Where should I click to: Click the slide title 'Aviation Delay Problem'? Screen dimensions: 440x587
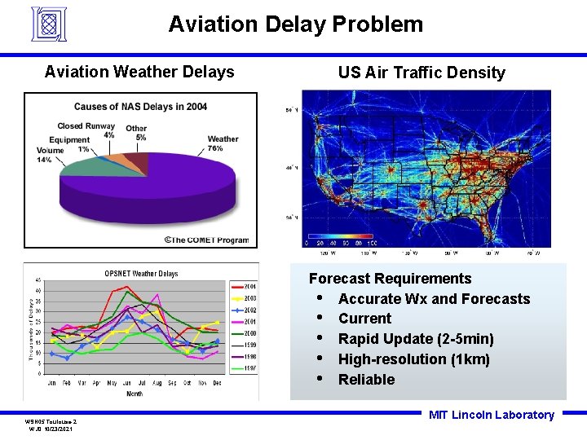pyautogui.click(x=295, y=24)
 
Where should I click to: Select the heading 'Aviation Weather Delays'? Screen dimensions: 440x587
pyautogui.click(x=139, y=72)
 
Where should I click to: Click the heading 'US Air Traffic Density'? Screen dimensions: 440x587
pyautogui.click(x=421, y=73)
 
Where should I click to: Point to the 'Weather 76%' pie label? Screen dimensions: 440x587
pyautogui.click(x=223, y=143)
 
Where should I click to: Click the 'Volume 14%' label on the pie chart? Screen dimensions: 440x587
pyautogui.click(x=50, y=155)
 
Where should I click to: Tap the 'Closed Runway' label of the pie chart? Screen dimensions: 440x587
pyautogui.click(x=86, y=126)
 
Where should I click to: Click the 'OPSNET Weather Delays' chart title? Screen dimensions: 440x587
pyautogui.click(x=141, y=273)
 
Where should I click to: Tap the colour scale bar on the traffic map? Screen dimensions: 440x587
pyautogui.click(x=340, y=242)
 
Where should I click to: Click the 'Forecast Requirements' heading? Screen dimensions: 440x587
pyautogui.click(x=390, y=279)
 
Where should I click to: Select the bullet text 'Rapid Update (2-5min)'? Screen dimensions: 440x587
pyautogui.click(x=416, y=339)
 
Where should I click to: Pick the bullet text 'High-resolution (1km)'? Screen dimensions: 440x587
pyautogui.click(x=414, y=359)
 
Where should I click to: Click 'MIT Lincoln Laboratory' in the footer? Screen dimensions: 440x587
pyautogui.click(x=492, y=415)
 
